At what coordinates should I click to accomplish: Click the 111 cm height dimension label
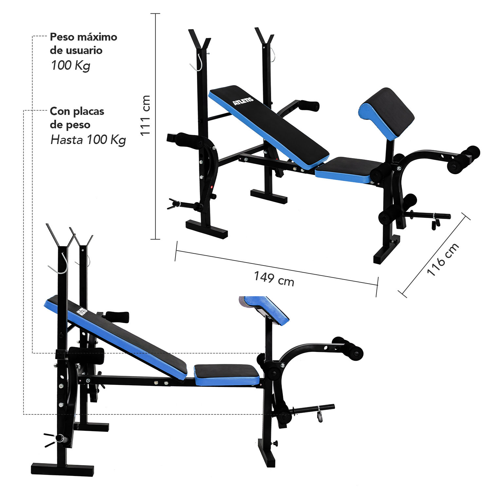click(x=145, y=115)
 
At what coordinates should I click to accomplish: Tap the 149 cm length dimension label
click(x=274, y=279)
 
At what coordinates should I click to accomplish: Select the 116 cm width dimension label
click(x=443, y=259)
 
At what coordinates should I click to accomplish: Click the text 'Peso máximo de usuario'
click(x=83, y=44)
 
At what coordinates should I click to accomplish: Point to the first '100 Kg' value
click(x=71, y=65)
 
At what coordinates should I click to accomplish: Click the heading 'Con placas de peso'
click(x=77, y=118)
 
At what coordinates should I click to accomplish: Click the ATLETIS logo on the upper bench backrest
click(x=243, y=101)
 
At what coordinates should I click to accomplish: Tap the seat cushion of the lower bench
click(x=227, y=375)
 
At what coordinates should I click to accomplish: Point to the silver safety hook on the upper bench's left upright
click(x=197, y=62)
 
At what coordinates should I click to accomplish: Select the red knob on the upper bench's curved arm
click(x=212, y=187)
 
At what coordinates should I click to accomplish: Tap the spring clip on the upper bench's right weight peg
click(x=436, y=221)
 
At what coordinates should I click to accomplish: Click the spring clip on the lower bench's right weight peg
click(x=319, y=414)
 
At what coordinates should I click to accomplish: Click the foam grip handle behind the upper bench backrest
click(x=309, y=105)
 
